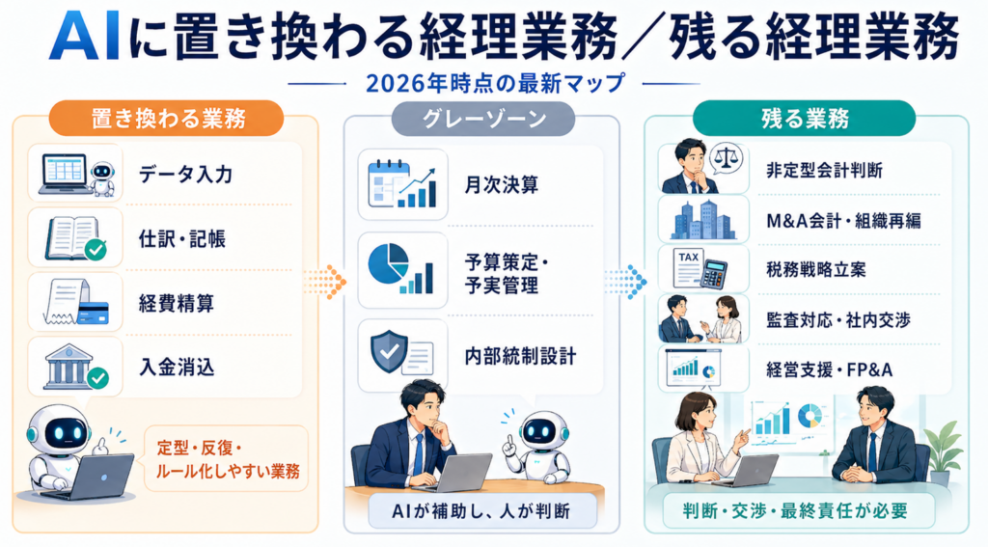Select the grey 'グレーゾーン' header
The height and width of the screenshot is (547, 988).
tap(482, 119)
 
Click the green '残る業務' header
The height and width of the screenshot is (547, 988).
tap(805, 119)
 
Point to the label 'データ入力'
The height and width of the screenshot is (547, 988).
tap(186, 175)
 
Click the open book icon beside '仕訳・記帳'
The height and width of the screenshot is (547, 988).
tap(72, 236)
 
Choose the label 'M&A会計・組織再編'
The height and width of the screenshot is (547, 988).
tap(843, 220)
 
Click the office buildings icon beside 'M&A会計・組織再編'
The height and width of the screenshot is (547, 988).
tap(702, 220)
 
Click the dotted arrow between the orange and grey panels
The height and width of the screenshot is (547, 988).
tap(325, 282)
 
